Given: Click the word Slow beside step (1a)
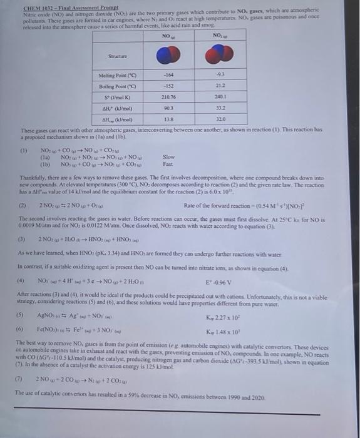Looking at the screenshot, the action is (x=168, y=158).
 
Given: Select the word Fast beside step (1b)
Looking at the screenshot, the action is (x=168, y=165).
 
